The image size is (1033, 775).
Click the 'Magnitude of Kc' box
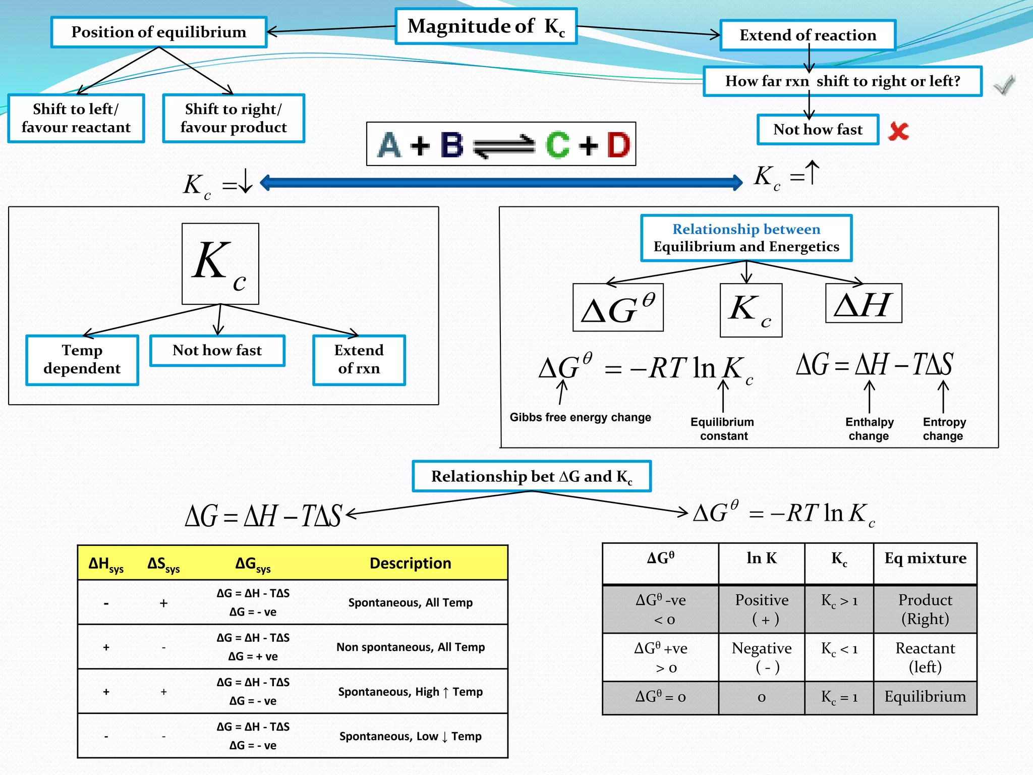[x=486, y=26]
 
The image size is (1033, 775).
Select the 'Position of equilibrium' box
[x=158, y=32]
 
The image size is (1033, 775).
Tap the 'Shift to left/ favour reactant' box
[x=76, y=118]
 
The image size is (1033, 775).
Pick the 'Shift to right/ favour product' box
[x=234, y=118]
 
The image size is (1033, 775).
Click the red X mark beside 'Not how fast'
[x=898, y=131]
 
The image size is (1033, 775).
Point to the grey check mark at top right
[x=1004, y=85]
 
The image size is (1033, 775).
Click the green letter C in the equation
[x=557, y=145]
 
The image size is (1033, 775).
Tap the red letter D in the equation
[x=618, y=145]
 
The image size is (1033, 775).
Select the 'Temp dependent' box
[x=82, y=359]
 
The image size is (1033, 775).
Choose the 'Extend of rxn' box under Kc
[x=359, y=359]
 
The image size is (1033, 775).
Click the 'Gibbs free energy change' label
[x=580, y=417]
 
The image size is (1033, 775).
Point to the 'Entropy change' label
[x=944, y=429]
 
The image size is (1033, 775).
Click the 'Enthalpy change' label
[x=869, y=429]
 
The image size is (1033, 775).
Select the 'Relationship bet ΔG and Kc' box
[x=532, y=476]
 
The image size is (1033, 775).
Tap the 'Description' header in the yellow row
[x=410, y=563]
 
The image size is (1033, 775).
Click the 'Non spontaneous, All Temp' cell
[x=411, y=647]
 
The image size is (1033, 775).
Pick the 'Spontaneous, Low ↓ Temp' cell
[x=411, y=736]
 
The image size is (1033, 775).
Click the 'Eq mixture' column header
[x=925, y=558]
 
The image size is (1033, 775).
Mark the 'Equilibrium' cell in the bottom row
[x=925, y=697]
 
